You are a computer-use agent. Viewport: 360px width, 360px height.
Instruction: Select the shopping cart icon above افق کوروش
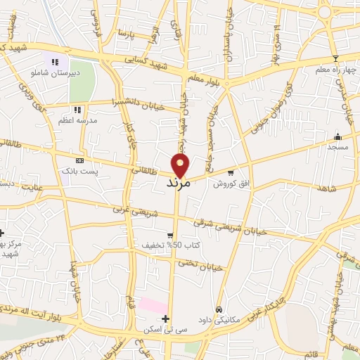[230, 172]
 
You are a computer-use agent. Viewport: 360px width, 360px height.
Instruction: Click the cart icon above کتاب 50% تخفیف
[170, 236]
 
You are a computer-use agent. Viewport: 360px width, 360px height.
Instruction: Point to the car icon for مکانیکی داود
[219, 309]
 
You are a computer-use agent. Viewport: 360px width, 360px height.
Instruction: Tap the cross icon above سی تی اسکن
[165, 319]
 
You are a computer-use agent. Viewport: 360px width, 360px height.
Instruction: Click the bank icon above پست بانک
[79, 161]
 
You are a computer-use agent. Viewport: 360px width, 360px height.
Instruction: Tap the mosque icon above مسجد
[337, 136]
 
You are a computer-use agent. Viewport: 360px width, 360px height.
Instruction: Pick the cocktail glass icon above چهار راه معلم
[335, 58]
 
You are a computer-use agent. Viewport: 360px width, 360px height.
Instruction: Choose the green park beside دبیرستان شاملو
[81, 82]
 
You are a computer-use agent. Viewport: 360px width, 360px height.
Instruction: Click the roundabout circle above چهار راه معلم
[325, 12]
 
